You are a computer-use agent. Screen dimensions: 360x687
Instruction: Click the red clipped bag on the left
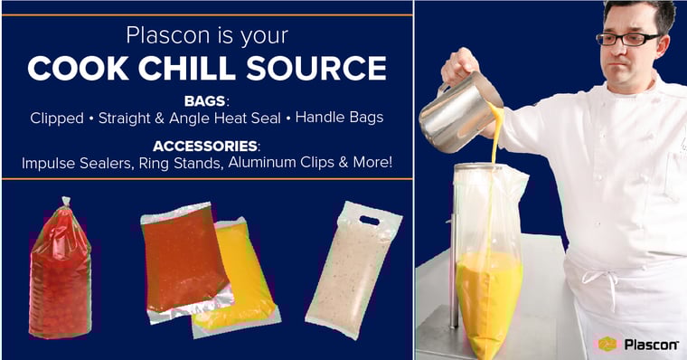[61, 271]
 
